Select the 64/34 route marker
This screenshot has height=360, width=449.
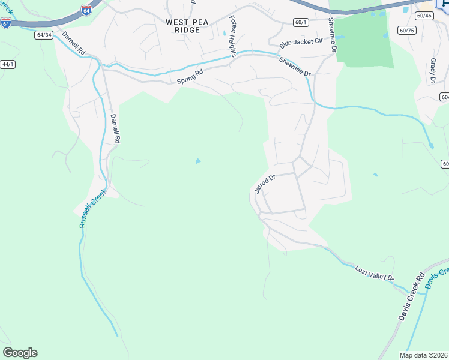point(44,35)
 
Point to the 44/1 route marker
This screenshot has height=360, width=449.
point(7,64)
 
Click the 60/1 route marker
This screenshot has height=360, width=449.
point(301,22)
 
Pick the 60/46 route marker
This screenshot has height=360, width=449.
point(423,15)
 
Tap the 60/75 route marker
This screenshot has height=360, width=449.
point(406,30)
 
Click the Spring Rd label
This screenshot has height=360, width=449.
point(190,76)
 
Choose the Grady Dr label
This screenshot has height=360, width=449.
point(432,71)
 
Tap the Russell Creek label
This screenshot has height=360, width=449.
point(92,208)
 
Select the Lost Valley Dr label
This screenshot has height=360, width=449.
point(374,274)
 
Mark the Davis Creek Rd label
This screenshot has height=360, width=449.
point(411,296)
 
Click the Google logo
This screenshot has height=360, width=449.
point(20,353)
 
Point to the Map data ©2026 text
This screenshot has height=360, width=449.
point(423,355)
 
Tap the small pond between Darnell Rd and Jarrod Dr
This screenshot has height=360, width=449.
point(197,161)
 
